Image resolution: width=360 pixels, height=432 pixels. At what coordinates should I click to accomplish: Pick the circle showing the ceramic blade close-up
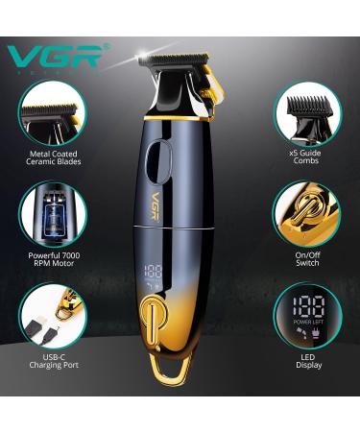(x=54, y=111)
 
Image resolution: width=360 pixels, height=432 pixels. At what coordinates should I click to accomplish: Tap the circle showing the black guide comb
(x=306, y=111)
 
